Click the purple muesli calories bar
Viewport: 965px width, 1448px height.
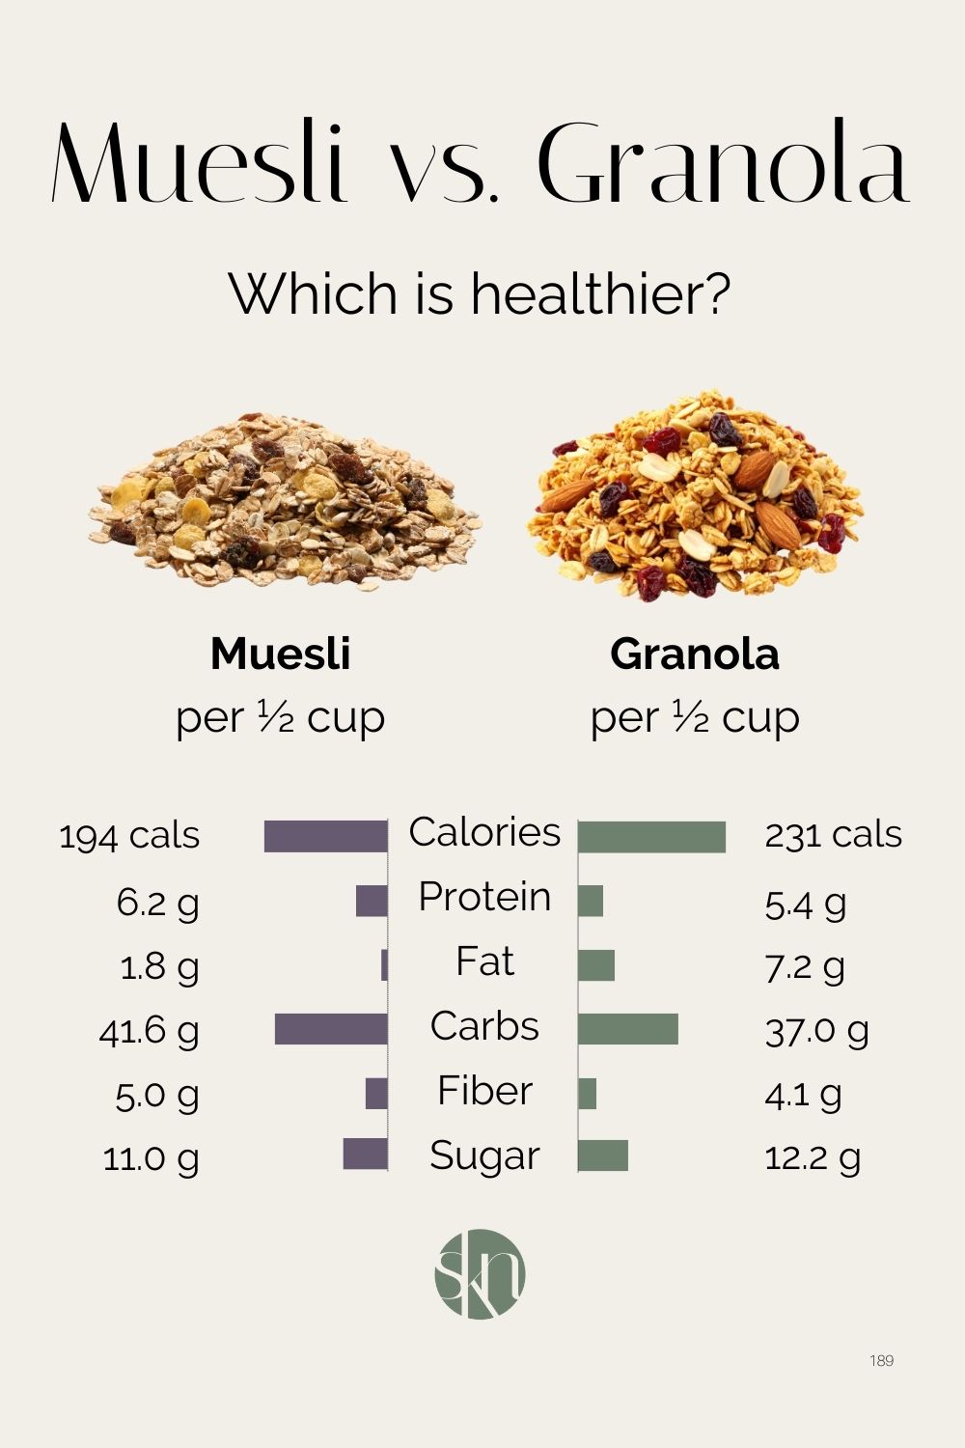[326, 836]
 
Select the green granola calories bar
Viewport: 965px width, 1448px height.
[651, 837]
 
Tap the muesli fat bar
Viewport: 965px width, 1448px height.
[384, 965]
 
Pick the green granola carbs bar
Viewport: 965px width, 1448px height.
[628, 1029]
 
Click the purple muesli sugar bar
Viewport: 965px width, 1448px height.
[366, 1155]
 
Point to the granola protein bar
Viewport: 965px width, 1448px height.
[591, 901]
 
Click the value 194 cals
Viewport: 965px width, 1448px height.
[129, 836]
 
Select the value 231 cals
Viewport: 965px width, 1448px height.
[833, 835]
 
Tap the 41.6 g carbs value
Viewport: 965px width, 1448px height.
[150, 1031]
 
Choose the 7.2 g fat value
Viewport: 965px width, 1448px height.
[804, 965]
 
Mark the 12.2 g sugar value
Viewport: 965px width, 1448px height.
[813, 1157]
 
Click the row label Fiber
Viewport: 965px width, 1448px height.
[484, 1091]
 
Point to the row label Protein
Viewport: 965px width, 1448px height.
[484, 897]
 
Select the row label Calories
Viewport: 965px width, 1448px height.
[484, 832]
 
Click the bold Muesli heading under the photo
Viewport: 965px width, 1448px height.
[280, 654]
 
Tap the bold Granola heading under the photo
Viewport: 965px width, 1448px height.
[695, 654]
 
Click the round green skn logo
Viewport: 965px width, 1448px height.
[481, 1274]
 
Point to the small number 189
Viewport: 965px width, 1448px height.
[881, 1360]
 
